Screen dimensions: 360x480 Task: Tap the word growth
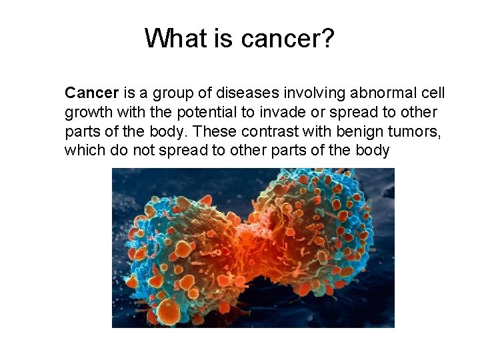(x=87, y=112)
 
